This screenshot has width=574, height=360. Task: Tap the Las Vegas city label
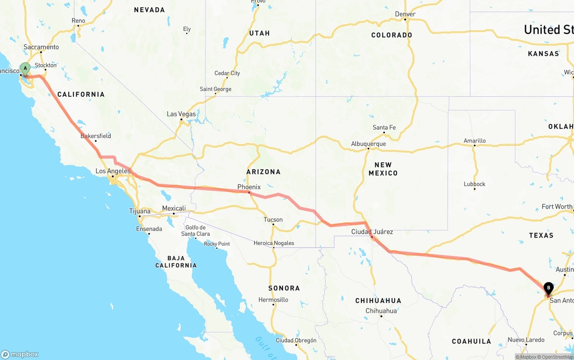coord(181,114)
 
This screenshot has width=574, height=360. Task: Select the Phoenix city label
coord(249,187)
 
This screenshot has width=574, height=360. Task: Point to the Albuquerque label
coord(368,144)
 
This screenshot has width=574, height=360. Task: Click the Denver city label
coord(405,14)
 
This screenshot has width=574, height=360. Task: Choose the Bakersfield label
coord(96,136)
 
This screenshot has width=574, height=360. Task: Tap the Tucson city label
coord(273,220)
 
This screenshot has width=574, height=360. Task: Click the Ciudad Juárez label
coord(372,232)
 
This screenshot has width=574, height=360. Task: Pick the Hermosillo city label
coord(273,299)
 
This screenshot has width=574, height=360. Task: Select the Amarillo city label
coord(474,141)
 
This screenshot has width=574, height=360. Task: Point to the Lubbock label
coord(474,184)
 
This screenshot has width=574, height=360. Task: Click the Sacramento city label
coord(41,47)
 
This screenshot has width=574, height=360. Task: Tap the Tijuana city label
coord(139,211)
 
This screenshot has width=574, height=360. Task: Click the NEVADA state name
coord(149,10)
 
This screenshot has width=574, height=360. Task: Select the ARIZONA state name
coord(263,172)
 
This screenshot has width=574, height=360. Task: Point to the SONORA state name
coord(284,288)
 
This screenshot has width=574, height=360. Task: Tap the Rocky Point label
coord(217,244)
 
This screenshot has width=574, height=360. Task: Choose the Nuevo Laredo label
coord(526,340)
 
